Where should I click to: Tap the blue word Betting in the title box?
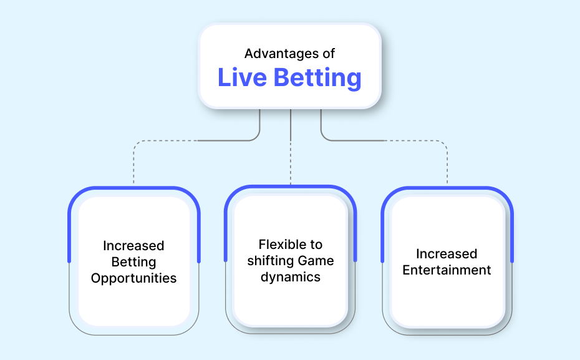pyautogui.click(x=317, y=79)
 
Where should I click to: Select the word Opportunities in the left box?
pyautogui.click(x=134, y=279)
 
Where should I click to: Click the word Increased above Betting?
pyautogui.click(x=133, y=246)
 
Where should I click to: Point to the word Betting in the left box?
pyautogui.click(x=134, y=262)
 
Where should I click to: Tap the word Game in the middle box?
pyautogui.click(x=316, y=261)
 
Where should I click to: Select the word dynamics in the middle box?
pyautogui.click(x=291, y=278)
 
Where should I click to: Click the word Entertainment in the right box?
pyautogui.click(x=447, y=270)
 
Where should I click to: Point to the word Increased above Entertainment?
pyautogui.click(x=447, y=254)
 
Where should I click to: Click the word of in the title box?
pyautogui.click(x=329, y=54)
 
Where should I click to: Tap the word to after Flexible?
pyautogui.click(x=316, y=245)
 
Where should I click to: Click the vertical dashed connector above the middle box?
pyautogui.click(x=291, y=163)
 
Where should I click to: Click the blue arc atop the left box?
pyautogui.click(x=134, y=188)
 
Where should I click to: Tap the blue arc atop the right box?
pyautogui.click(x=447, y=188)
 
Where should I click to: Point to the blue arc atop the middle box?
pyautogui.click(x=291, y=187)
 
